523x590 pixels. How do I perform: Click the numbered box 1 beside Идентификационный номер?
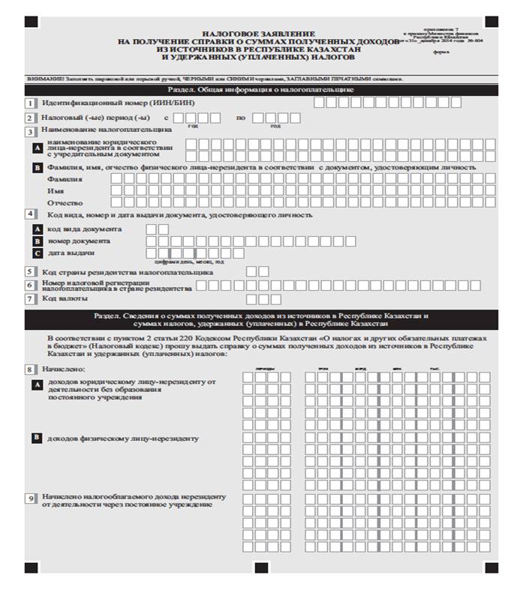(31, 103)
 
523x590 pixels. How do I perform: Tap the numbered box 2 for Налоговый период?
(31, 118)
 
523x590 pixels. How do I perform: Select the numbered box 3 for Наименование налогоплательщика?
(31, 130)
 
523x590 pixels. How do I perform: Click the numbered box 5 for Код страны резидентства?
(31, 272)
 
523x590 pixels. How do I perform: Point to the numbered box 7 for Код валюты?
(31, 298)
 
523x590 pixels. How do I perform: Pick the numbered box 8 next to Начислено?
(31, 369)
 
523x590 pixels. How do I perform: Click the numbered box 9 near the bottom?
(31, 499)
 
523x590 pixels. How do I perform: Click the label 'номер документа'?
(78, 241)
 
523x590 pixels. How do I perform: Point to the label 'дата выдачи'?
(71, 253)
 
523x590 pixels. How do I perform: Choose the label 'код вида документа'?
(83, 229)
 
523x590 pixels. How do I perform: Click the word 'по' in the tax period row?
(241, 118)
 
